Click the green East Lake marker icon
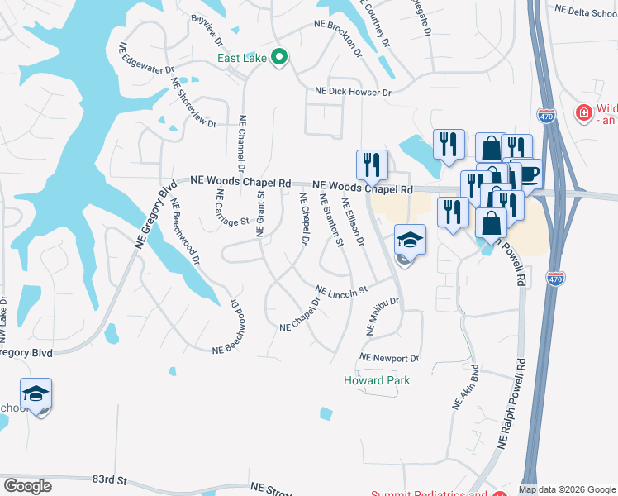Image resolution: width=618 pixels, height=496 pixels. click(279, 58)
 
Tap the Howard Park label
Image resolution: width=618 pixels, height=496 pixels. click(377, 380)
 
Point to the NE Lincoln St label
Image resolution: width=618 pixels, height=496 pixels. click(341, 292)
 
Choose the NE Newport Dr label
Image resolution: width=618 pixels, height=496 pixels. click(389, 359)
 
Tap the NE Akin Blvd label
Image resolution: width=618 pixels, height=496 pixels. click(465, 389)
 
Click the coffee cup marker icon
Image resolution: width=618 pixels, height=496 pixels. click(528, 173)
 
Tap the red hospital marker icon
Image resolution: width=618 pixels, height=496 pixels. click(583, 112)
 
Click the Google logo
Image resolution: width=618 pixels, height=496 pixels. click(28, 485)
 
